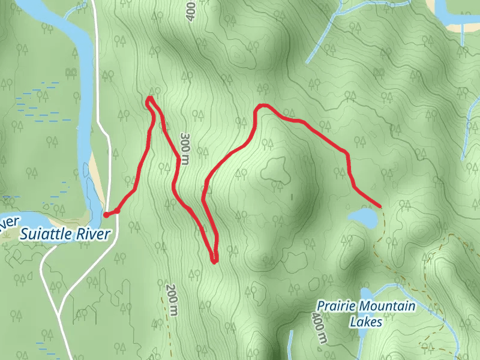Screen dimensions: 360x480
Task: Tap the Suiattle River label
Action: pyautogui.click(x=65, y=234)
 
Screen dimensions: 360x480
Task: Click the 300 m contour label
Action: pyautogui.click(x=185, y=148)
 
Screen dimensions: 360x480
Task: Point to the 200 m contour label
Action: pyautogui.click(x=173, y=299)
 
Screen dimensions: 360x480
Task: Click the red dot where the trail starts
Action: pyautogui.click(x=106, y=214)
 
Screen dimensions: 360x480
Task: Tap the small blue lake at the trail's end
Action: pyautogui.click(x=363, y=218)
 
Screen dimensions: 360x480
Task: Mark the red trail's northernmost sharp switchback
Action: pyautogui.click(x=149, y=98)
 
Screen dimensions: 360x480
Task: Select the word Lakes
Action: pyautogui.click(x=365, y=322)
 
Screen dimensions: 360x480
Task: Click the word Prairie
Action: pyautogui.click(x=332, y=307)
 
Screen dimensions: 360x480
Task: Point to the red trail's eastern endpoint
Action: pyautogui.click(x=380, y=205)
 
